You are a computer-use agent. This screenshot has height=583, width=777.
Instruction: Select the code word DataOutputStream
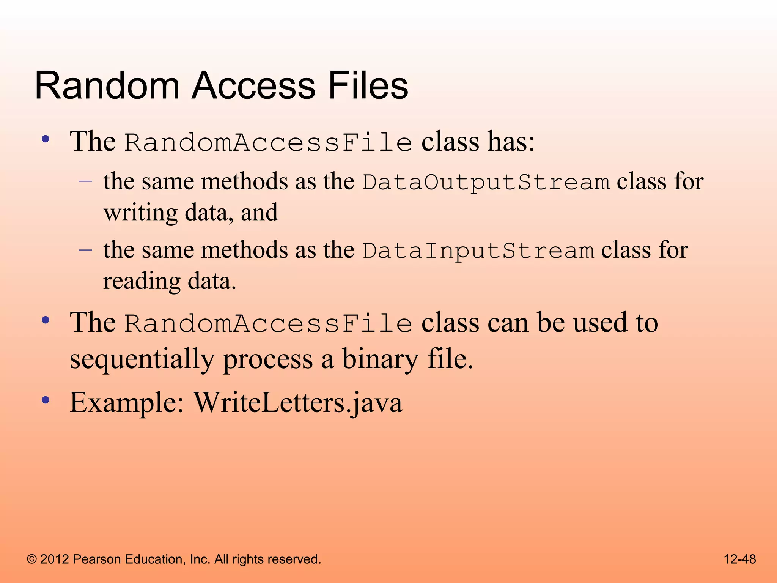pos(486,182)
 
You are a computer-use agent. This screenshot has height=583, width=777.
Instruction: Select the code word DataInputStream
pos(478,251)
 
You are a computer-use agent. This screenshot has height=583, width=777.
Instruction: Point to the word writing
pos(140,213)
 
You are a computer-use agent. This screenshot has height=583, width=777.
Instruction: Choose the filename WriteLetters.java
pos(298,403)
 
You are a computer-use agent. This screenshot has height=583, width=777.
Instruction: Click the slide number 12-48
pos(739,559)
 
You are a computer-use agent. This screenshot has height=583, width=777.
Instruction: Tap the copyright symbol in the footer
pos(32,559)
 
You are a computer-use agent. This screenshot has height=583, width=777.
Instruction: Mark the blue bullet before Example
pos(46,400)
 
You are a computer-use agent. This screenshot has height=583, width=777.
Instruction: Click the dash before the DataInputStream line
pos(85,250)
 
